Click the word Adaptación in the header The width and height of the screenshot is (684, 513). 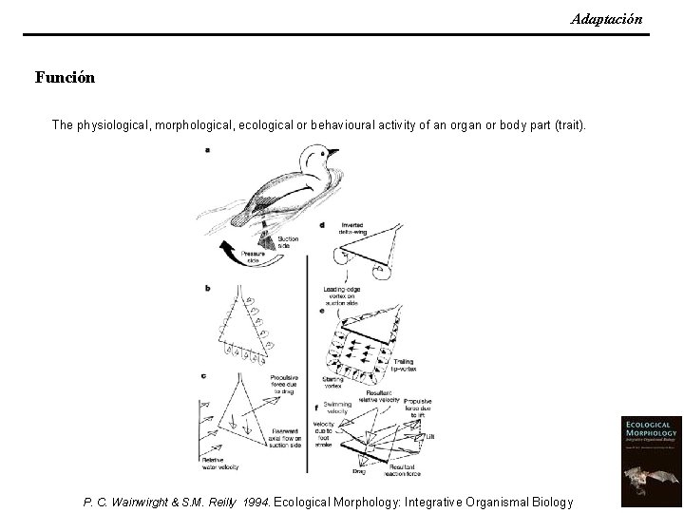[606, 19]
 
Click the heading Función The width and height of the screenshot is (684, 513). [65, 77]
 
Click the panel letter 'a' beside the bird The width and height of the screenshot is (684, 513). [207, 149]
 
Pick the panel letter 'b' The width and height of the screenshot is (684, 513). [207, 288]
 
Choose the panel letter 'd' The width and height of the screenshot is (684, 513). [322, 225]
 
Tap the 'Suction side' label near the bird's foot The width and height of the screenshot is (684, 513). [287, 242]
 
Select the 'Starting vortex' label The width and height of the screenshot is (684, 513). [332, 381]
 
